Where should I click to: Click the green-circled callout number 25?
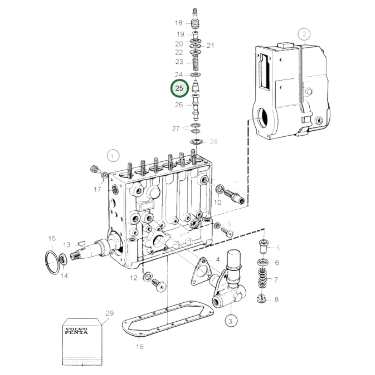point(179,88)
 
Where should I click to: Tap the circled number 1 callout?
point(113,156)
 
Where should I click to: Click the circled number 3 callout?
point(231,321)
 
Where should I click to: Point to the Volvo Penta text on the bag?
point(76,331)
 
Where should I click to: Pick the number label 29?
point(110,313)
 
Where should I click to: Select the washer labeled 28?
point(196,142)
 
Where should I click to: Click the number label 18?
point(178,23)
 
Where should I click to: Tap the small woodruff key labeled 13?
point(81,244)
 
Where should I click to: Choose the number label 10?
point(217,202)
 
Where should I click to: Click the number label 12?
point(133,278)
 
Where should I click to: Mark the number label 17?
point(97,189)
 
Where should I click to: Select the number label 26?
point(179,105)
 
